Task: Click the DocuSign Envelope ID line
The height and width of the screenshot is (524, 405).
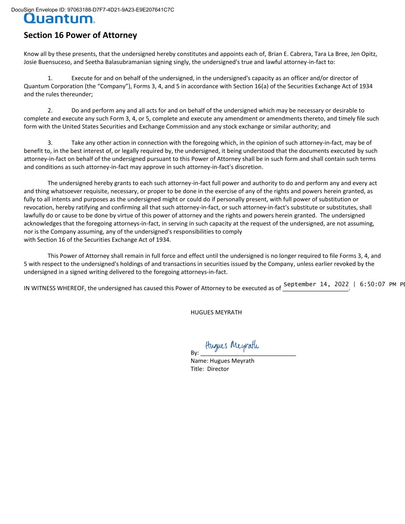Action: coord(93,10)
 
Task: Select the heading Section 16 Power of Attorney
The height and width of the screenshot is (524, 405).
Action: coord(80,35)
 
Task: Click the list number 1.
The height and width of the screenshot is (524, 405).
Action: coord(50,78)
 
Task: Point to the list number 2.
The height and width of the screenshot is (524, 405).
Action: coord(50,111)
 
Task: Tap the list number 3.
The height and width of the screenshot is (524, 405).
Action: coord(50,143)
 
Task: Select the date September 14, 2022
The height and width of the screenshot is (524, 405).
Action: coord(316,284)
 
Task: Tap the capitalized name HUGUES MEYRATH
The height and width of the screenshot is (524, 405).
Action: coord(216,312)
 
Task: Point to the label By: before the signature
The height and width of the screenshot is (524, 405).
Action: coord(195,353)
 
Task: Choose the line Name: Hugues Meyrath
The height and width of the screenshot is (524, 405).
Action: coord(222,361)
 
